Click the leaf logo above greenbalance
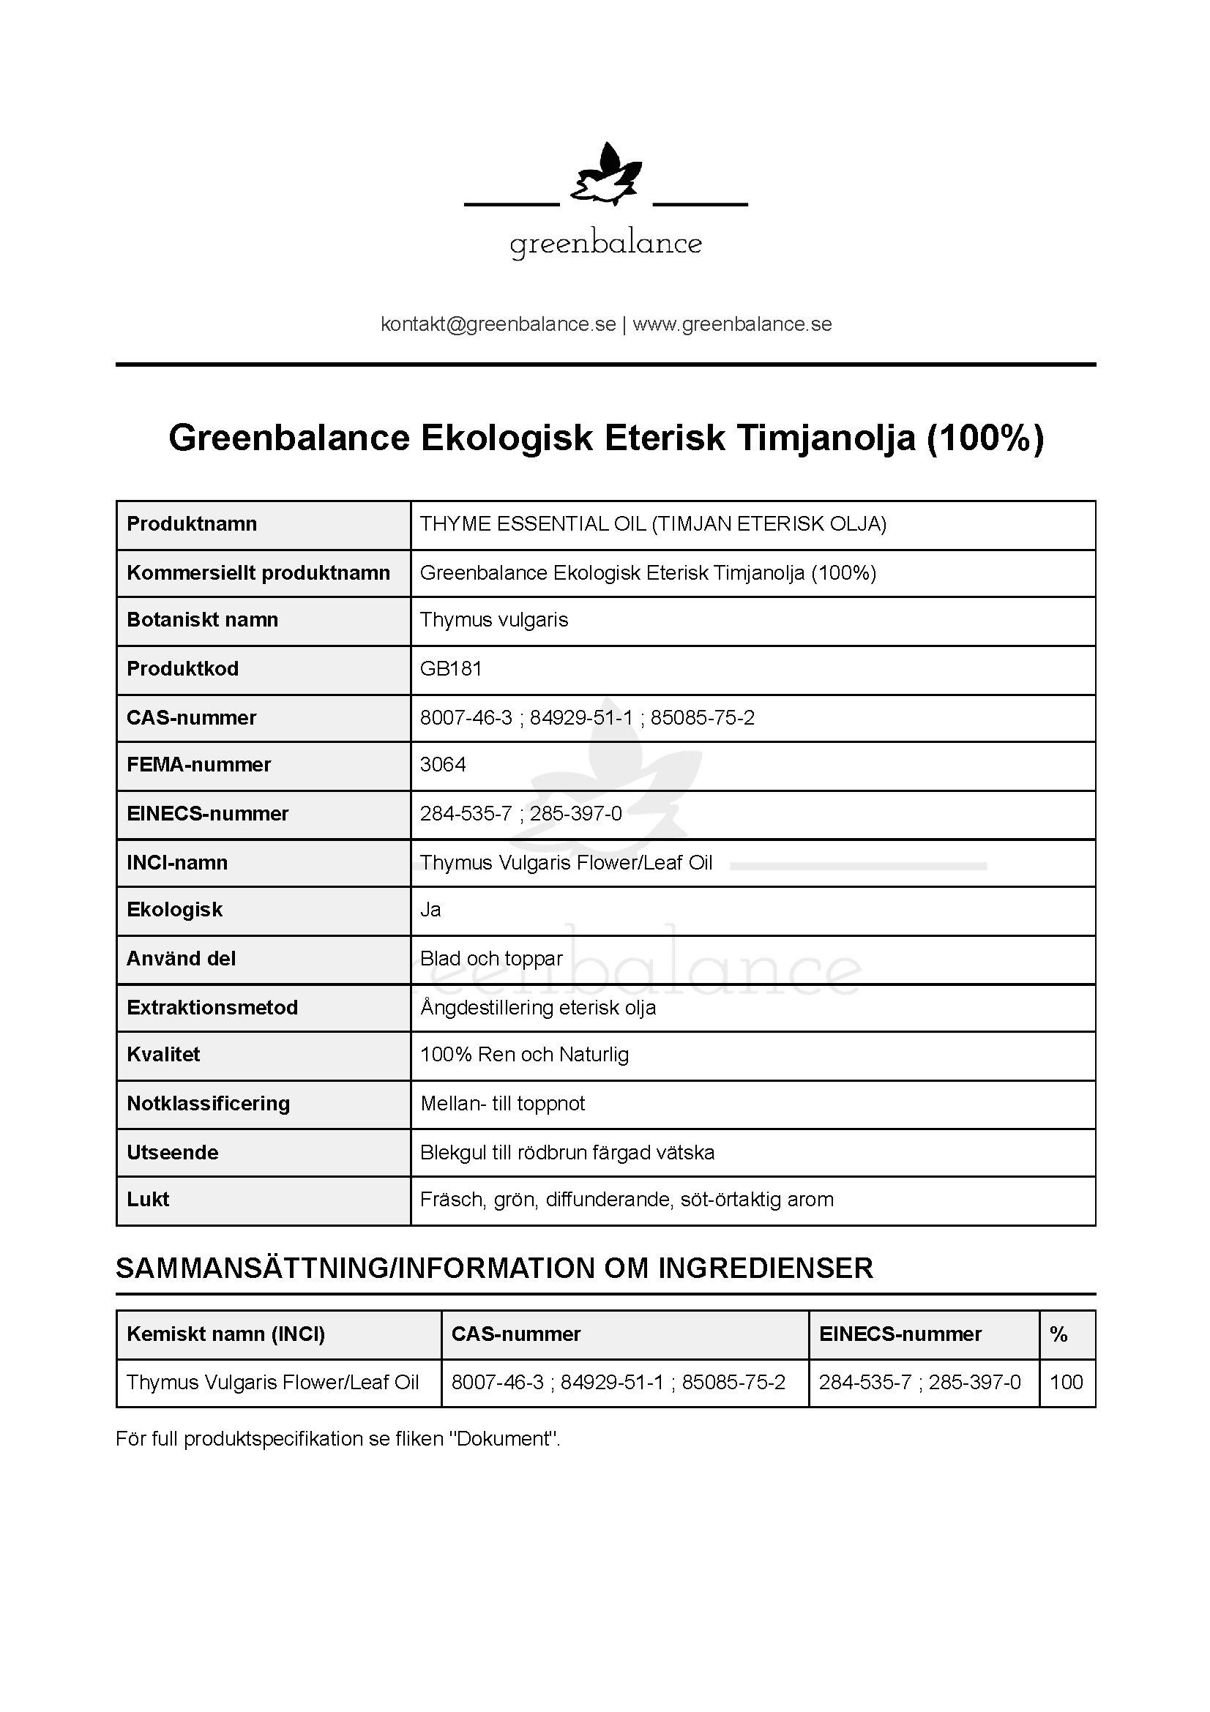click(x=605, y=174)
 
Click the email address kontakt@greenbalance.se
click(x=498, y=324)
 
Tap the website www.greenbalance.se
click(x=732, y=324)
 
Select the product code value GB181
click(x=451, y=669)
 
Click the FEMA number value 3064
click(x=443, y=765)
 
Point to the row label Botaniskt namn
click(x=202, y=620)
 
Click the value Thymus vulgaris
click(x=493, y=620)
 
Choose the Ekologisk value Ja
click(x=430, y=910)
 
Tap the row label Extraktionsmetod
click(x=212, y=1008)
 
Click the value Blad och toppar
click(x=491, y=959)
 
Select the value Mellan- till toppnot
click(x=502, y=1104)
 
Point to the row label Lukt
click(x=148, y=1200)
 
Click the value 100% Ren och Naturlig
click(x=524, y=1055)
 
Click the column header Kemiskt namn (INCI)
click(x=226, y=1334)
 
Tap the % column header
click(x=1058, y=1334)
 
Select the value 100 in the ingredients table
click(x=1066, y=1383)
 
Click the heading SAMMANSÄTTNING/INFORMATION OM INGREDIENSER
click(x=494, y=1268)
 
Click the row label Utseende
click(x=172, y=1153)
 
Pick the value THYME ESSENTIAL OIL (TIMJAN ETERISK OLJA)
click(x=653, y=524)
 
